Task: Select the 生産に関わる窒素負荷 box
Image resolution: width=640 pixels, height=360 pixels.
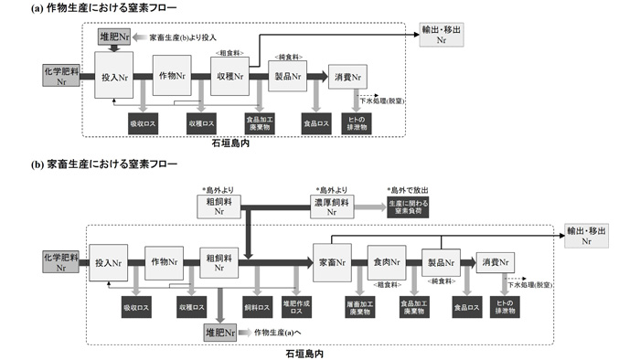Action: click(408, 206)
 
